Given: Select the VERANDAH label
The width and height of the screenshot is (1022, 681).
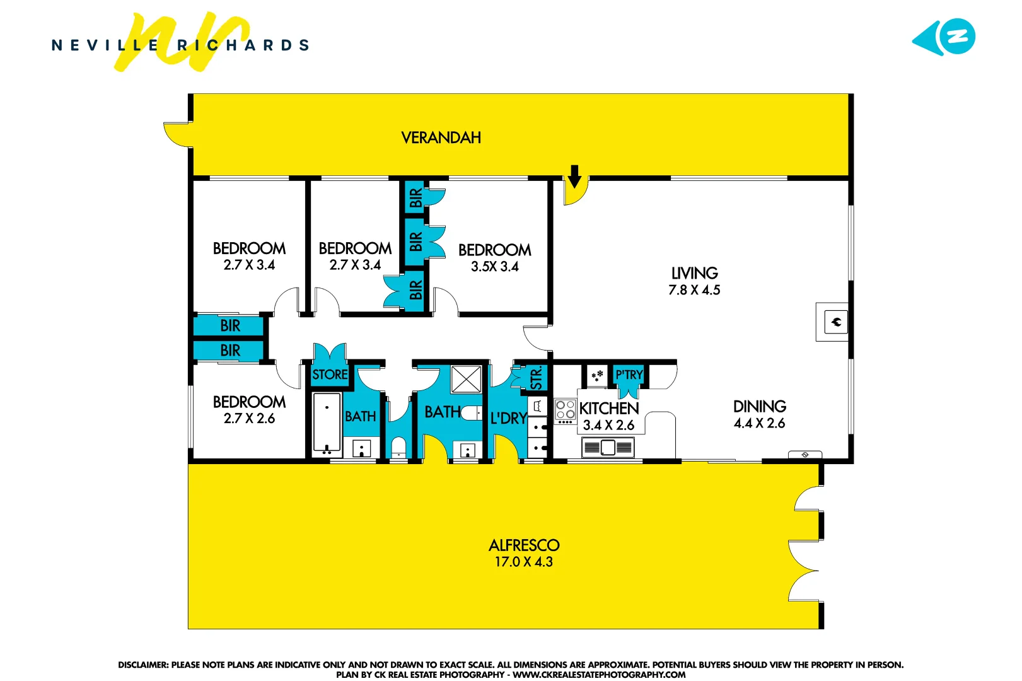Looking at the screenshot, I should pyautogui.click(x=441, y=137).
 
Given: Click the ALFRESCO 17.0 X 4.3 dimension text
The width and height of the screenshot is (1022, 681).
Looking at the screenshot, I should pyautogui.click(x=523, y=562).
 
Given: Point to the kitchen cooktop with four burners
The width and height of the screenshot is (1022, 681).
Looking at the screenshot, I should pyautogui.click(x=565, y=410).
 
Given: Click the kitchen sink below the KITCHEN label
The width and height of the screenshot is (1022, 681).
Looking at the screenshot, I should pyautogui.click(x=608, y=448).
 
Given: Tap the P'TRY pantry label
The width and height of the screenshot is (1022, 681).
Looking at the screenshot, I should pyautogui.click(x=629, y=375).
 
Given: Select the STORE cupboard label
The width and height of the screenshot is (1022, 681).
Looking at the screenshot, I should pyautogui.click(x=330, y=375).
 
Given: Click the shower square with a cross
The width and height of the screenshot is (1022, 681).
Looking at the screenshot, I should pyautogui.click(x=467, y=380).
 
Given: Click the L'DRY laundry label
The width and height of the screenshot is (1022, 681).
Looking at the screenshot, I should pyautogui.click(x=508, y=418).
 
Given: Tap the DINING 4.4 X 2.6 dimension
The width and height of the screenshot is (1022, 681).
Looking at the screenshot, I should pyautogui.click(x=759, y=423).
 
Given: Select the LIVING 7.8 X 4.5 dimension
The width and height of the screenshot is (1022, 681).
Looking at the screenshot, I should pyautogui.click(x=694, y=290).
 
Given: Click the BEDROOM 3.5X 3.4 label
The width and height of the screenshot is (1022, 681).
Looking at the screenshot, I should pyautogui.click(x=494, y=258).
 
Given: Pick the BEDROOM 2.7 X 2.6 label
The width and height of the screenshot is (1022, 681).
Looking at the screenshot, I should pyautogui.click(x=249, y=410).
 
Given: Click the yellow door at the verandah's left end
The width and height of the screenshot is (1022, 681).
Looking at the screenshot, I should pyautogui.click(x=177, y=134).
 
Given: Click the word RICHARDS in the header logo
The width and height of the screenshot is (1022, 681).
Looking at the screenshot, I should pyautogui.click(x=243, y=45).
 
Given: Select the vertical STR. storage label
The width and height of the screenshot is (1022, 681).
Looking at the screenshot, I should pyautogui.click(x=536, y=378).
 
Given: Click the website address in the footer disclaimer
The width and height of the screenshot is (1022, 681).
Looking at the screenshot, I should pyautogui.click(x=599, y=675).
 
